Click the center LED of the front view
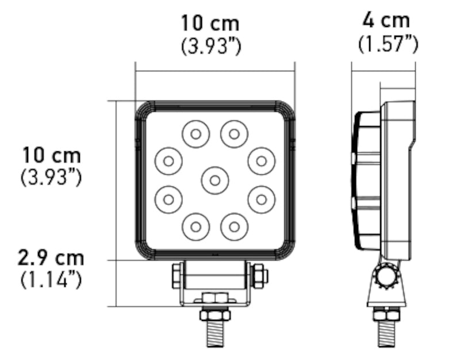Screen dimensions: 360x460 [x=214, y=181]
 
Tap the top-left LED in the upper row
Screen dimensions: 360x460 [x=195, y=135]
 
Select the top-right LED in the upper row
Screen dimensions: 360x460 [x=233, y=135]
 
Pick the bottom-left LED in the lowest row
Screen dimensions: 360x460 [x=195, y=226]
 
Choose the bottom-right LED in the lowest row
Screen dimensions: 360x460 [x=233, y=226]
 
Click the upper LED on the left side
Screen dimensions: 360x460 [x=168, y=161]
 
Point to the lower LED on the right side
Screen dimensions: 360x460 [x=261, y=199]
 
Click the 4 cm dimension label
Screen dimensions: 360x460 [x=386, y=21]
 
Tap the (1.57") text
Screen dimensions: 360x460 [x=388, y=44]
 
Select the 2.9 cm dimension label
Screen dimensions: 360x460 [x=51, y=257]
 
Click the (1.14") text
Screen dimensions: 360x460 [x=51, y=280]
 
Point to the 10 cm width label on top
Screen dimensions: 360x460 [x=210, y=24]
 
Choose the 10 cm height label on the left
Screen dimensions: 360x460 [x=52, y=155]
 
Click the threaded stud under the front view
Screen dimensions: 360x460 [x=214, y=334]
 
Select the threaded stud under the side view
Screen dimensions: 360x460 [x=386, y=333]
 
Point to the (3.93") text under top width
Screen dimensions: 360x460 [x=210, y=46]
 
